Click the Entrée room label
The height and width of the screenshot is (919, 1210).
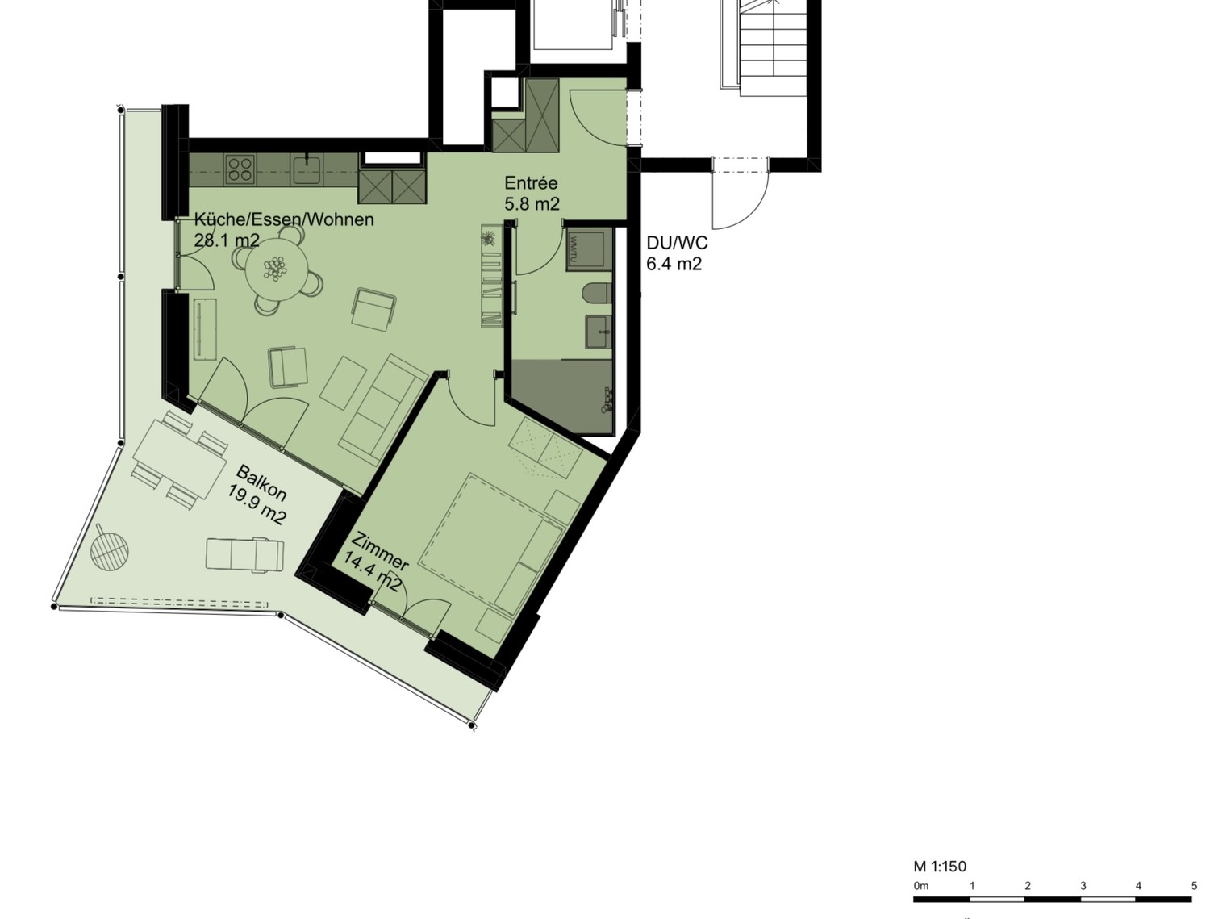(530, 183)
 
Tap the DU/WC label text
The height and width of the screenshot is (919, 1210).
(676, 243)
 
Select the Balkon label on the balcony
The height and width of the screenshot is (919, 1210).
(261, 483)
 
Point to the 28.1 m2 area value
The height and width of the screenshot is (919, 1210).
(227, 240)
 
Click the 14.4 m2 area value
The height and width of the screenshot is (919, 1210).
(371, 576)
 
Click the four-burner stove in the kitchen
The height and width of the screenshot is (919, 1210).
(240, 169)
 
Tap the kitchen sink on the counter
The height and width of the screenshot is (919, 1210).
(307, 169)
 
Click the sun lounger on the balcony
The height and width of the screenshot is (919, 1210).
(244, 554)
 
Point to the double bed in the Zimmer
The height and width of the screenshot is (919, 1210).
(490, 544)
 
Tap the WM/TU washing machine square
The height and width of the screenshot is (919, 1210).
(589, 249)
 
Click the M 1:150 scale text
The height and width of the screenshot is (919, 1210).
(940, 867)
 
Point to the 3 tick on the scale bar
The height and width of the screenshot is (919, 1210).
(1083, 886)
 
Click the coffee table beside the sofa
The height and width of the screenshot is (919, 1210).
(343, 382)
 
